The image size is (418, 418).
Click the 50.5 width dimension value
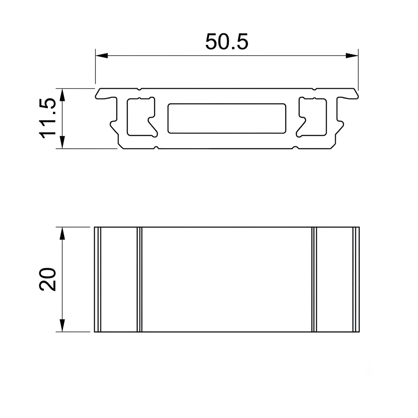pos(227,42)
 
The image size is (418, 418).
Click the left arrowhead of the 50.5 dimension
pos(102,56)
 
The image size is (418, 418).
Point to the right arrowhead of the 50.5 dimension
pos(352,56)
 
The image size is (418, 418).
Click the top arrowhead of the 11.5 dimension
pos(62,95)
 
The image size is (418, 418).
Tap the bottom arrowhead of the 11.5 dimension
pos(62,142)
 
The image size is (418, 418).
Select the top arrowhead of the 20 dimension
pos(62,233)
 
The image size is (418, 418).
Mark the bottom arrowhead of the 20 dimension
pos(62,325)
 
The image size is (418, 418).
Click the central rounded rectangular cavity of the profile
pos(227,118)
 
